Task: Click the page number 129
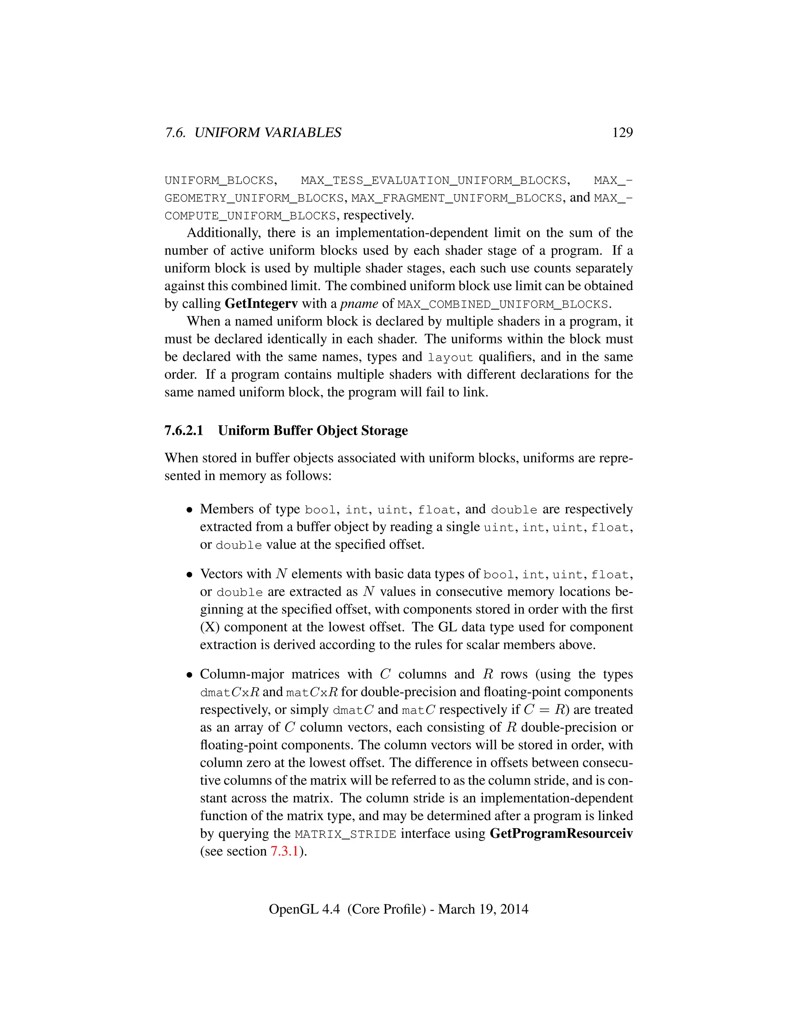[x=622, y=132]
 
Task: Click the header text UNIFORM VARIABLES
[x=268, y=133]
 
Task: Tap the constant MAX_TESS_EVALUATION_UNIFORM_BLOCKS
[x=434, y=180]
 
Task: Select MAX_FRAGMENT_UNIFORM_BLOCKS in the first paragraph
[x=456, y=198]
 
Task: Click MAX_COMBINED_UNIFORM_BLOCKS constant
[x=502, y=304]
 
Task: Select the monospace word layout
[x=450, y=357]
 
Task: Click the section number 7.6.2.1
[x=184, y=430]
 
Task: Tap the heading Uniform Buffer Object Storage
[x=313, y=430]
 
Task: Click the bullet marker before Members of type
[x=189, y=510]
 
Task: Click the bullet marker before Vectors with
[x=189, y=575]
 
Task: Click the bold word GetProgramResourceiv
[x=561, y=833]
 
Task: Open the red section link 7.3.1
[x=284, y=851]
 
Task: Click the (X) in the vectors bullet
[x=209, y=627]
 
